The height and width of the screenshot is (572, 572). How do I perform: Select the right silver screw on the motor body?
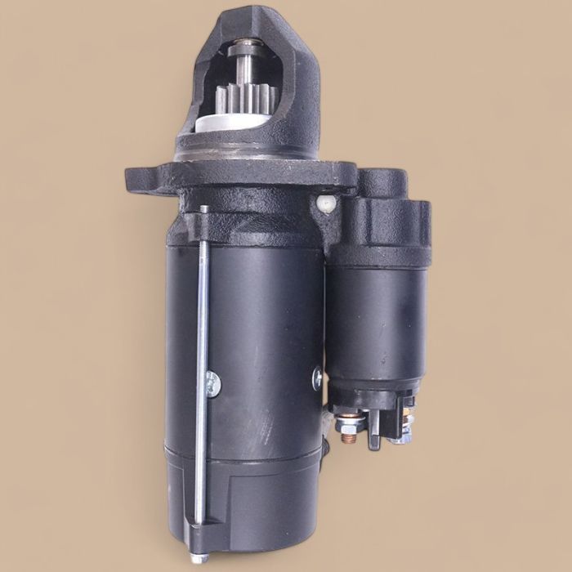pos(317,377)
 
